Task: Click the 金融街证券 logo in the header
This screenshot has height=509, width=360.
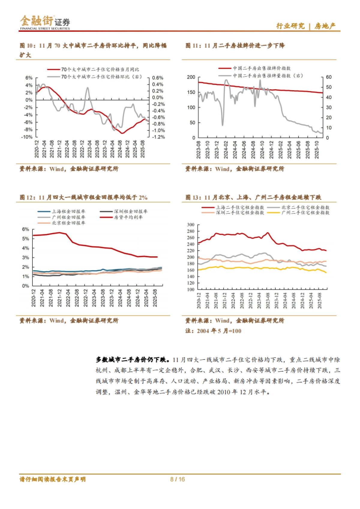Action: click(x=45, y=22)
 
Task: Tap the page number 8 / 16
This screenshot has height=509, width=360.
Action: click(x=177, y=479)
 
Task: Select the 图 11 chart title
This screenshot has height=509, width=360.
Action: click(x=235, y=46)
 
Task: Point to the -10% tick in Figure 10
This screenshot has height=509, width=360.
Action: click(x=27, y=137)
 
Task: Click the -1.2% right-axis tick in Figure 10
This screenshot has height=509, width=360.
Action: click(x=158, y=137)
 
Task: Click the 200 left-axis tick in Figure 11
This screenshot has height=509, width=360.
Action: click(x=191, y=77)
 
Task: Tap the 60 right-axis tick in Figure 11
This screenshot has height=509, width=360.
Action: click(x=329, y=77)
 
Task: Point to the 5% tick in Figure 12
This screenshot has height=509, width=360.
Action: click(x=25, y=239)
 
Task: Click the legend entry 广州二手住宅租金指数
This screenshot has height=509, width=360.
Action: click(x=305, y=213)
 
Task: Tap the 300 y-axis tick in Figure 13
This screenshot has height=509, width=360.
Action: click(x=190, y=225)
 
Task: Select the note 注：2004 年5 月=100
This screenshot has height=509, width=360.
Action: click(x=213, y=331)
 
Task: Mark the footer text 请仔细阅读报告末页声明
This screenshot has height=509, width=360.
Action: click(x=52, y=479)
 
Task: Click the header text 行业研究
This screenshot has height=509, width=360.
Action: click(x=290, y=26)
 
